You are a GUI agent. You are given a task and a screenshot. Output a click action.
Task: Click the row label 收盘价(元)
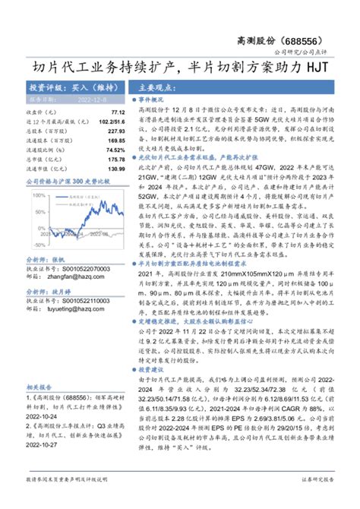pos(39,111)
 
